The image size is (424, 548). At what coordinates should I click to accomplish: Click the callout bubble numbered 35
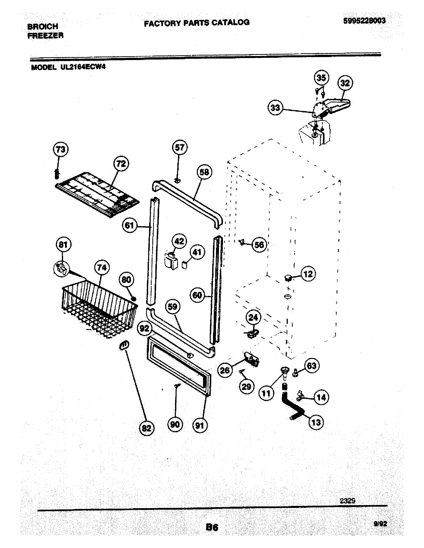pyautogui.click(x=321, y=78)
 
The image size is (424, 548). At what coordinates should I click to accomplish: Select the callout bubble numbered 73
pyautogui.click(x=61, y=149)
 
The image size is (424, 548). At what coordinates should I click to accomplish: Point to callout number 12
pyautogui.click(x=308, y=274)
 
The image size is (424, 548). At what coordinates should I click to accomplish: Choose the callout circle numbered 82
pyautogui.click(x=146, y=428)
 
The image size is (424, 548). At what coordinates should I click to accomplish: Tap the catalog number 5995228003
pyautogui.click(x=364, y=21)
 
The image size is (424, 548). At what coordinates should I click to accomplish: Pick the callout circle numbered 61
pyautogui.click(x=129, y=225)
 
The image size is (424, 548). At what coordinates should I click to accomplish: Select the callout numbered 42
pyautogui.click(x=179, y=241)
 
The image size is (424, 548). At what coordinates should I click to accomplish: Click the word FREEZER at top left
pyautogui.click(x=45, y=36)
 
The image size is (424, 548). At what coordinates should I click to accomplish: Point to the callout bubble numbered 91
pyautogui.click(x=200, y=425)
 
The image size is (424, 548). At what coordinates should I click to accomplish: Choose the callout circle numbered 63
pyautogui.click(x=312, y=366)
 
